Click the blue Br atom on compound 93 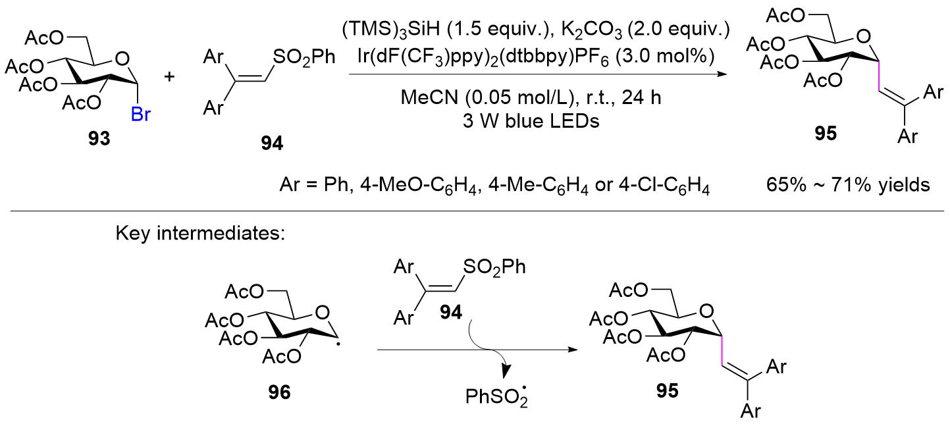141,114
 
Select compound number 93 99,138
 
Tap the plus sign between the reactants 170,77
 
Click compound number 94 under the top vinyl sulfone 272,144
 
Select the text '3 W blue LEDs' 531,121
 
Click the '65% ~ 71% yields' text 848,185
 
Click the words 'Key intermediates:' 200,234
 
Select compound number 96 279,392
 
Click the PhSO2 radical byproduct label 496,395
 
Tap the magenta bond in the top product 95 879,76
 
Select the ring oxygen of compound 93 122,59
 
